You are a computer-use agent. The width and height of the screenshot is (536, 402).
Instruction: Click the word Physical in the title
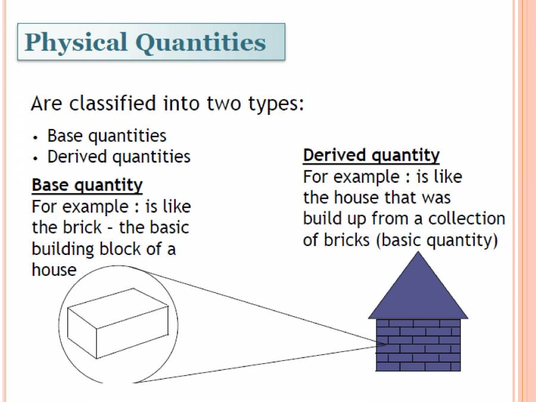[76, 42]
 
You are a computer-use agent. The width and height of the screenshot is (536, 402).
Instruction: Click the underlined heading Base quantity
[87, 185]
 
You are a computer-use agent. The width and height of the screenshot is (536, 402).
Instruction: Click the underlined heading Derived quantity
[371, 155]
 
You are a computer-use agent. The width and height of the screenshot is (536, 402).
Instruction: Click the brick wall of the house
[418, 345]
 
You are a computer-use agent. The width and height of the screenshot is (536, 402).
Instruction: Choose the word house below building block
[54, 270]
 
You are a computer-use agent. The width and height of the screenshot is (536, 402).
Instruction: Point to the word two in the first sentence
[223, 104]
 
